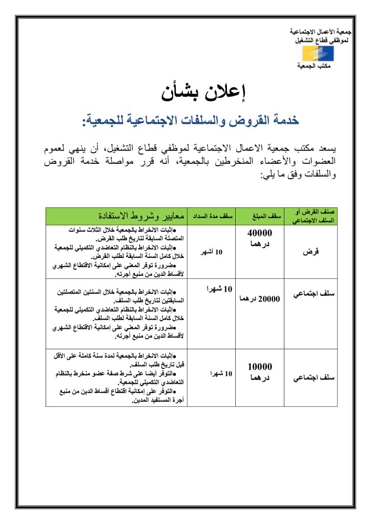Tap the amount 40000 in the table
260,233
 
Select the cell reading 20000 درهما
260,298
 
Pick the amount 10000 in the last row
260,366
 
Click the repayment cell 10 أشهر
212,252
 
